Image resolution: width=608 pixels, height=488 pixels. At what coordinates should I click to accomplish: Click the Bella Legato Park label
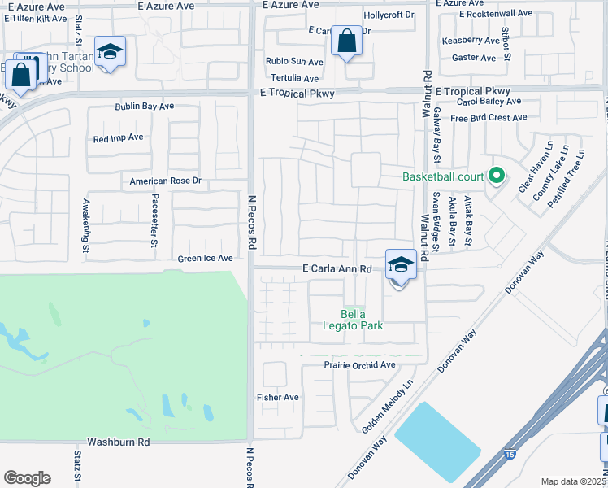362,320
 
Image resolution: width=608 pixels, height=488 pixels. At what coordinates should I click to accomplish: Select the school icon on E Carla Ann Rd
400,265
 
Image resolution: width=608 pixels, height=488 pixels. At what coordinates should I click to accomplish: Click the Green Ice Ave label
206,259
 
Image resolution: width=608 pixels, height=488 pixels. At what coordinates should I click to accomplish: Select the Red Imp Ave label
118,138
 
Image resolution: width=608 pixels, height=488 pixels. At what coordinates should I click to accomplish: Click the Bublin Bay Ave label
144,107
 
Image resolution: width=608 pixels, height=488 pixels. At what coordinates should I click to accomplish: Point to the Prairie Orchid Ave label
359,365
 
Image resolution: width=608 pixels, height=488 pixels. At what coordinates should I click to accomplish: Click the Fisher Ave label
278,398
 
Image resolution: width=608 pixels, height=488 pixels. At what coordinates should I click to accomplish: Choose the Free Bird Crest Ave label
489,118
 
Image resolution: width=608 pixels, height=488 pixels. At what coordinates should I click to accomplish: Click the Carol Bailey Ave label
489,102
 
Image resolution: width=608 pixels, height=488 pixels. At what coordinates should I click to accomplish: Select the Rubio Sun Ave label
294,62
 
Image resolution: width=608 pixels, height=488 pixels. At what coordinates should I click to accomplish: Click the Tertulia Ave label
294,79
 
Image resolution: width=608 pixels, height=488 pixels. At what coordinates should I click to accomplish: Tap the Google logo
27,478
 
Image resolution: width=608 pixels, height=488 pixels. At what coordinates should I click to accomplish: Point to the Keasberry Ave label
470,41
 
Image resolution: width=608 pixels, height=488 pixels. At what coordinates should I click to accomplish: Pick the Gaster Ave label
473,59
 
